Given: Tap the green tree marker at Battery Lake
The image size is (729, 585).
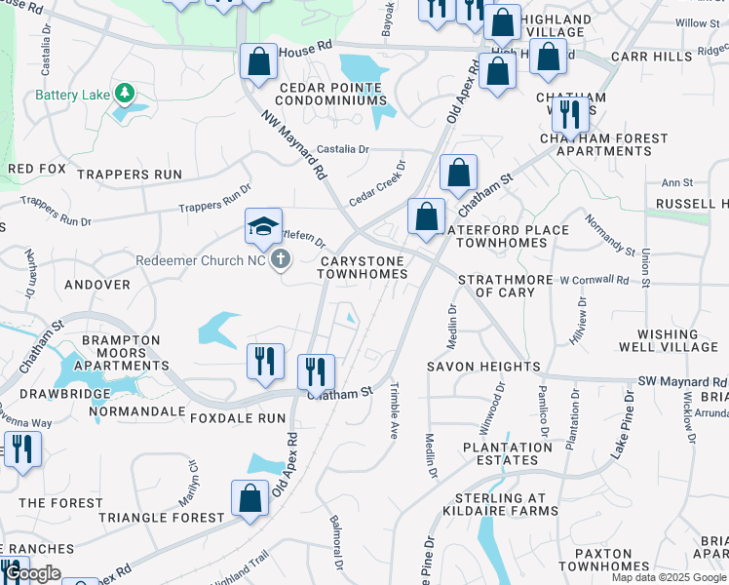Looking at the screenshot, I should tap(124, 94).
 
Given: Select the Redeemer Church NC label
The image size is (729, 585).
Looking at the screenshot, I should tap(202, 260).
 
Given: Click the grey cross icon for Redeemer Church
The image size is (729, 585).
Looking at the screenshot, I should tap(281, 259).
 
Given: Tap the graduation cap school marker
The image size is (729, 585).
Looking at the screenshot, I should tap(262, 227).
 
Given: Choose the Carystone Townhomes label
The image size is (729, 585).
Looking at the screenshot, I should tap(362, 267).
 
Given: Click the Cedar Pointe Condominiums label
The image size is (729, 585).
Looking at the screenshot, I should tap(332, 94).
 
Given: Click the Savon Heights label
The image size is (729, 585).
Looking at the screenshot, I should tap(483, 367).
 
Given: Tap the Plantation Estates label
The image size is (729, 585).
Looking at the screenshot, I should tap(507, 453).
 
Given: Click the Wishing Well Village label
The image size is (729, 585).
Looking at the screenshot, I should tap(669, 340).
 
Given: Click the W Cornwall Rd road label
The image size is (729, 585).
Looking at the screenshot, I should tap(595, 280).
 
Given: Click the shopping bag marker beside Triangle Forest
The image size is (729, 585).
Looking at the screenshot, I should tap(250, 497).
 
